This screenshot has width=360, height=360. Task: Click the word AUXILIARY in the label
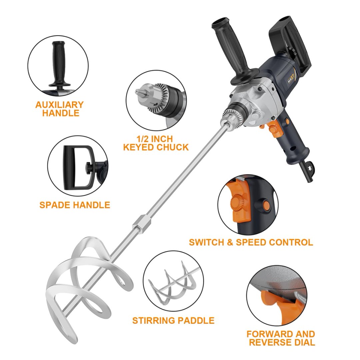59,105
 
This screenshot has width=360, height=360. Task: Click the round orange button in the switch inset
266,204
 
